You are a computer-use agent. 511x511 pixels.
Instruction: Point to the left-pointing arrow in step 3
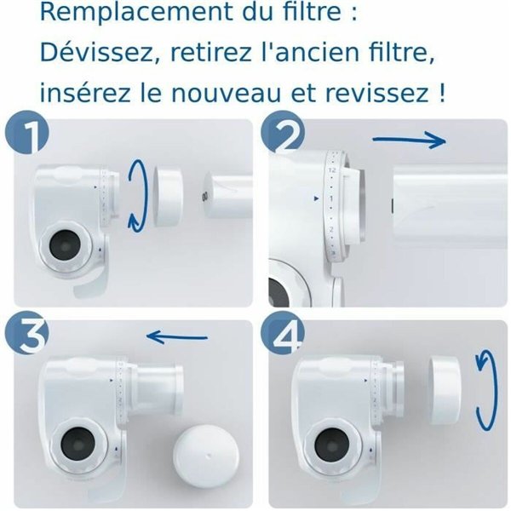point(177,337)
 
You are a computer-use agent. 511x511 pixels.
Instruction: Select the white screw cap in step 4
point(446,390)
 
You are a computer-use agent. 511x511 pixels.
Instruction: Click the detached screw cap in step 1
point(166,197)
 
